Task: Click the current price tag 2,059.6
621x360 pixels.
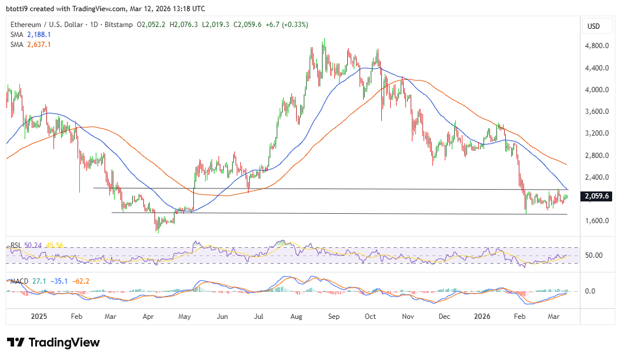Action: tap(596, 197)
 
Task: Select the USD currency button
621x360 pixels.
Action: tap(593, 26)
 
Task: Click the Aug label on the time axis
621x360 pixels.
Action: tap(297, 317)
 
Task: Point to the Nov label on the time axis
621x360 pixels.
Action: tap(408, 317)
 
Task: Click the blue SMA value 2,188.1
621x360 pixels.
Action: tap(39, 35)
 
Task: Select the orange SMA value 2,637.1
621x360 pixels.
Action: tap(39, 44)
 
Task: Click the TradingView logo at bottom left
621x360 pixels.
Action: tap(53, 342)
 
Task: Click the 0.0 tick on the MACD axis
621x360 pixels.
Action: tap(592, 291)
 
